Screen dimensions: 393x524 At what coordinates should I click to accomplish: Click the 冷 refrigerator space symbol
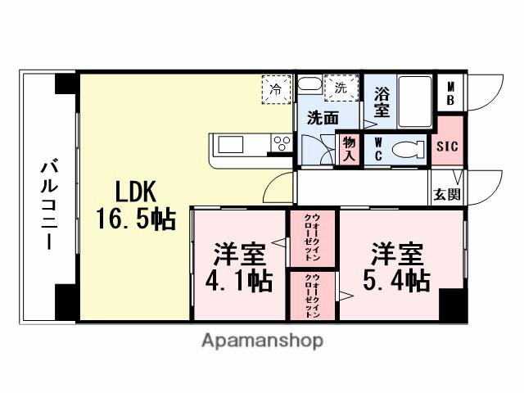(276, 88)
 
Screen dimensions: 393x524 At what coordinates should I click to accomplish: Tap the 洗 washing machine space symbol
(338, 85)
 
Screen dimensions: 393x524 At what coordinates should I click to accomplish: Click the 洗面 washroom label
(323, 117)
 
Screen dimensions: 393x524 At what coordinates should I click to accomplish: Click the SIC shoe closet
(447, 147)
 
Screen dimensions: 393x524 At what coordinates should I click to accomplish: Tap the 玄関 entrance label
(447, 195)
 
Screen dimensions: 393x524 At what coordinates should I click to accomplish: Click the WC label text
(378, 149)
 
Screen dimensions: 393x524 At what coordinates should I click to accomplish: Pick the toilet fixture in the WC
(406, 150)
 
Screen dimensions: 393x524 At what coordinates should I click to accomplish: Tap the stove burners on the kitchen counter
(281, 145)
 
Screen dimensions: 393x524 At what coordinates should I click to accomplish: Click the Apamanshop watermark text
(262, 340)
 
